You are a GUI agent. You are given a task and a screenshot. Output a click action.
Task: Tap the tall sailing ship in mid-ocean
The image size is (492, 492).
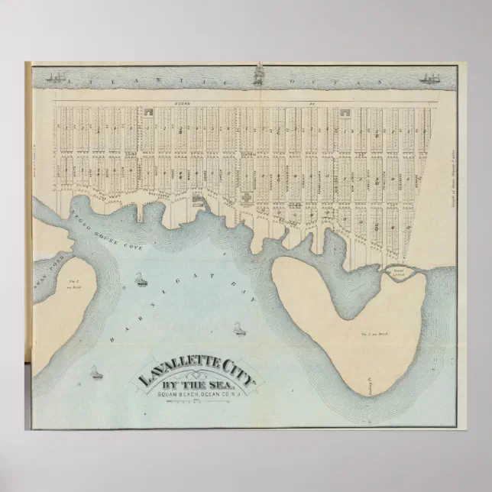point(258,75)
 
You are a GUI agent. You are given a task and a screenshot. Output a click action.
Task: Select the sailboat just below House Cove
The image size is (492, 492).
point(141,280)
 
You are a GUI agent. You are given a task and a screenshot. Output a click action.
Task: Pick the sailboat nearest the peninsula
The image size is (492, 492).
point(238,329)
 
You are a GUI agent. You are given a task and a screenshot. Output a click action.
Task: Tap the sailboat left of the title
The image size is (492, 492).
point(95,373)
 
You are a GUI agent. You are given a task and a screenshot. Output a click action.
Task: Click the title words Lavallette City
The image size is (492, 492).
point(197,372)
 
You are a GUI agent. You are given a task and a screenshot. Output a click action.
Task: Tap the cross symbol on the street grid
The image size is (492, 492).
point(247,196)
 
